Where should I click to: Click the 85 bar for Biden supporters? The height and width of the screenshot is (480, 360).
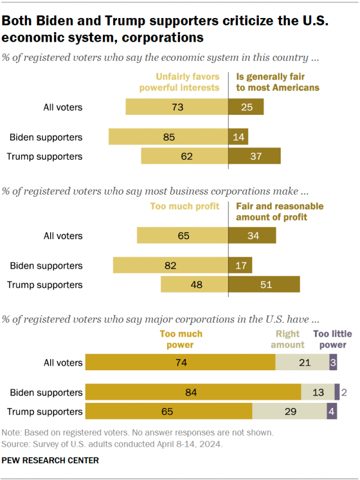tap(168, 137)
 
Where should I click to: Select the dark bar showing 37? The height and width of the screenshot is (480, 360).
tap(254, 156)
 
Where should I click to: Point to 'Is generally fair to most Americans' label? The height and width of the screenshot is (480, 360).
tap(277, 83)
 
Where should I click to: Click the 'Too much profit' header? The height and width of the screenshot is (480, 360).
tap(184, 207)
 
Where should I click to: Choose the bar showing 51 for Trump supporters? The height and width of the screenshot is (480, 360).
tap(264, 285)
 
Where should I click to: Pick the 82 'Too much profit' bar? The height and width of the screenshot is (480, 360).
tap(170, 266)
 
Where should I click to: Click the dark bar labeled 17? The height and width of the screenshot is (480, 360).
tap(240, 266)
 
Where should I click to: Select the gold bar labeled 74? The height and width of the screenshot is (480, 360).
tap(181, 363)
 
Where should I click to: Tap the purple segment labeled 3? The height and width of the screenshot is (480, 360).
tap(333, 363)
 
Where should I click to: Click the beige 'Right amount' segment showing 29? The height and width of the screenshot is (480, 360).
tap(289, 412)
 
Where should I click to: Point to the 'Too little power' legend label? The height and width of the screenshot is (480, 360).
tap(330, 339)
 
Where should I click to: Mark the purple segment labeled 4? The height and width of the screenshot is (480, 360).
tap(332, 412)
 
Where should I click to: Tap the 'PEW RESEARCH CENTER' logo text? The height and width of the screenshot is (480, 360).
tap(51, 460)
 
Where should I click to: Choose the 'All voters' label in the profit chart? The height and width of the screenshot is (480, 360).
tap(63, 236)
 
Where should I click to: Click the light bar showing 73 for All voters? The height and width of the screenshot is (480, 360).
tap(177, 107)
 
